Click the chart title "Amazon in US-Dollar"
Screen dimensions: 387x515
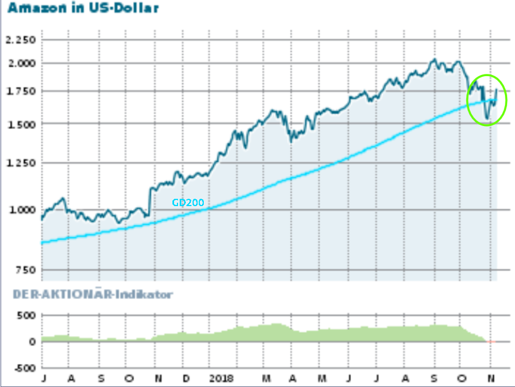click(x=79, y=8)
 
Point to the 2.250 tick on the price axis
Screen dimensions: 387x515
click(x=20, y=40)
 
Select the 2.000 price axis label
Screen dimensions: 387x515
click(x=20, y=63)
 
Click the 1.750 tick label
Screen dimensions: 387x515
click(x=20, y=91)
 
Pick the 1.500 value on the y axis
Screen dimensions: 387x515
click(x=20, y=124)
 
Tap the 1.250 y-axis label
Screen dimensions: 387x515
click(x=20, y=163)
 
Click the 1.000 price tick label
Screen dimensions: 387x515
click(x=20, y=210)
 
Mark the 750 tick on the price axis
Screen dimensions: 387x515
click(x=25, y=270)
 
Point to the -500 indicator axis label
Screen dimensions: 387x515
click(x=24, y=368)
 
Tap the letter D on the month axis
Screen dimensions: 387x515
click(x=185, y=379)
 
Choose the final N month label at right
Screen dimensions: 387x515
click(x=491, y=379)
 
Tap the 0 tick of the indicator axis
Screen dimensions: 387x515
click(x=32, y=342)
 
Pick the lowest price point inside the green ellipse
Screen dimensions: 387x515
click(x=486, y=119)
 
